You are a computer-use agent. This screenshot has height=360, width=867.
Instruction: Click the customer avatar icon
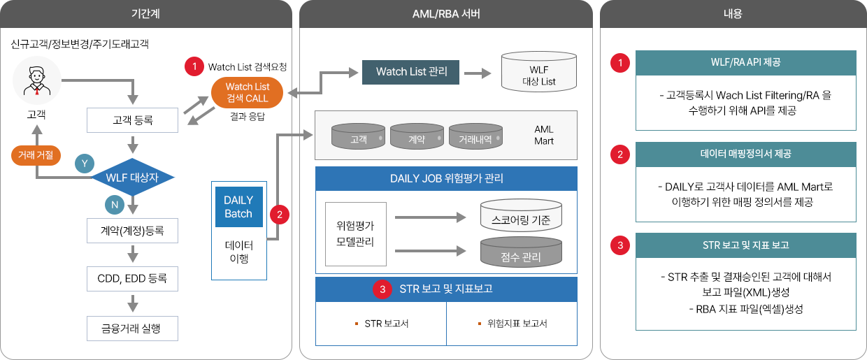37,80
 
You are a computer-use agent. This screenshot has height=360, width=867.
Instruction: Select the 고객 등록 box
132,120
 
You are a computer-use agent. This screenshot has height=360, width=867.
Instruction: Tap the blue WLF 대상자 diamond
132,178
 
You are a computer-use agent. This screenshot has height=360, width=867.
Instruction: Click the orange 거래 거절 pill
36,155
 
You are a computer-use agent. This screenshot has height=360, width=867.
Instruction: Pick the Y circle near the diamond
85,164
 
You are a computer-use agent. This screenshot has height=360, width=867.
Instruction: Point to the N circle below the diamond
115,205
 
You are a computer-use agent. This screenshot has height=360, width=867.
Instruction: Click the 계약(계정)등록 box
132,231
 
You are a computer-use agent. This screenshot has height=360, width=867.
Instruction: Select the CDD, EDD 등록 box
132,279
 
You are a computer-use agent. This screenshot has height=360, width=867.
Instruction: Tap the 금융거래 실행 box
132,329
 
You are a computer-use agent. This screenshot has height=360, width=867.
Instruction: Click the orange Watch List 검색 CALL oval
247,92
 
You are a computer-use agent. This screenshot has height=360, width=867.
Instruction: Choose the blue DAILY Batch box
239,207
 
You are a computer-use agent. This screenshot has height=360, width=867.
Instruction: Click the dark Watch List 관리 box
410,72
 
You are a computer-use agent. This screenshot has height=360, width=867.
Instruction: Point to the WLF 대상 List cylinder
539,72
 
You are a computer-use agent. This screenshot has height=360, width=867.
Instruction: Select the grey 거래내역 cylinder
475,136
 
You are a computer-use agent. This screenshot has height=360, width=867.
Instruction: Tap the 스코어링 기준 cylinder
521,215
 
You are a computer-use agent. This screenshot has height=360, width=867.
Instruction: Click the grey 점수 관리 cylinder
521,252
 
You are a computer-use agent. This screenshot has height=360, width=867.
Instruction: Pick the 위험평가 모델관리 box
356,233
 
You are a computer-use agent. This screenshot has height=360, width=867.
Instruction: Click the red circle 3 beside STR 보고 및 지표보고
382,289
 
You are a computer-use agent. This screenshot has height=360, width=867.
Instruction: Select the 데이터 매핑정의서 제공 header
746,154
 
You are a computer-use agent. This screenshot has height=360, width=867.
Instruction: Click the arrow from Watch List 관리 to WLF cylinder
478,73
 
